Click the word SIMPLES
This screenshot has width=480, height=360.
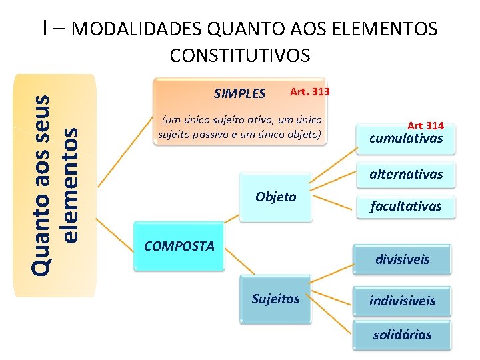tap(239, 93)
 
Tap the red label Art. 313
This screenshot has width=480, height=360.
tap(309, 91)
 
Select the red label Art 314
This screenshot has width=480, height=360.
tap(425, 125)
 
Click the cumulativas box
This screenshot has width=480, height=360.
tap(406, 139)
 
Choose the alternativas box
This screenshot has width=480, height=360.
tap(406, 174)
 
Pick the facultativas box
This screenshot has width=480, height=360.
tap(406, 206)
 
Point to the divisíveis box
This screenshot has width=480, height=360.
tap(402, 259)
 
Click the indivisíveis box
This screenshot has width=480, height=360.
tap(402, 300)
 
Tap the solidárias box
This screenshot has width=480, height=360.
tap(402, 335)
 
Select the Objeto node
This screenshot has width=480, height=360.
tap(275, 197)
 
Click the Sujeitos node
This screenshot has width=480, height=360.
tap(275, 299)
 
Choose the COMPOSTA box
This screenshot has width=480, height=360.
tap(179, 246)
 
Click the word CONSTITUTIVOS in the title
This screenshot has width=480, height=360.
tap(240, 55)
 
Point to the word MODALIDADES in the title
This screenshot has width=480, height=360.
tap(137, 29)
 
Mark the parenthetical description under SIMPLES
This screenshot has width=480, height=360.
tap(240, 127)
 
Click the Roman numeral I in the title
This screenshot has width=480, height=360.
tap(44, 28)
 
